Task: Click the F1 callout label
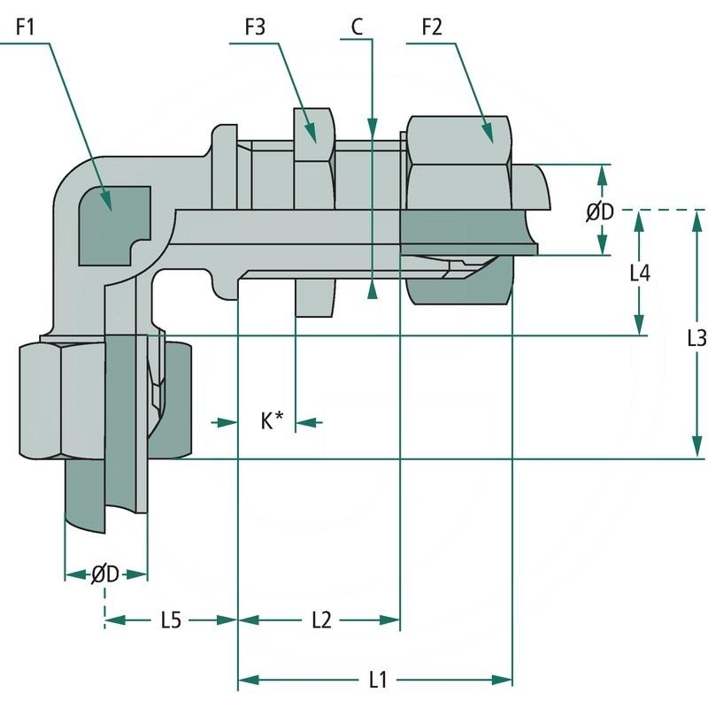(25, 27)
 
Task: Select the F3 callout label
(256, 27)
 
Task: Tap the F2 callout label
(431, 27)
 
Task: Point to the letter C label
(357, 27)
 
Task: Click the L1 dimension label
(378, 680)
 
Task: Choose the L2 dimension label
(320, 620)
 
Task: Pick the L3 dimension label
(696, 337)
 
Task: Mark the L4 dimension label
(640, 273)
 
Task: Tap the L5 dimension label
(171, 620)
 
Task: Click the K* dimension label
(271, 422)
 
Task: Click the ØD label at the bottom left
(105, 574)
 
